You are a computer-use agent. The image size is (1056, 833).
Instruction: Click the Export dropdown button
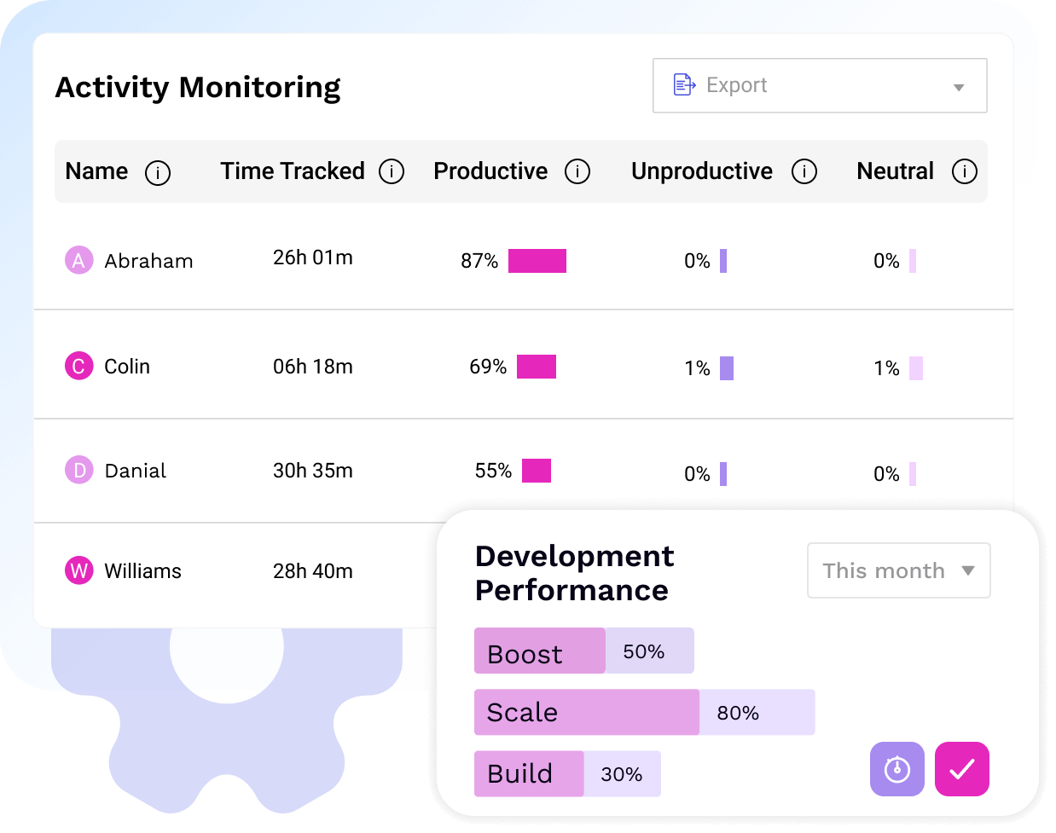pos(819,85)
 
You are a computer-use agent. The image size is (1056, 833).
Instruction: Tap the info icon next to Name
pos(158,173)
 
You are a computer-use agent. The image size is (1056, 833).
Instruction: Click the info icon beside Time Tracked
pos(392,172)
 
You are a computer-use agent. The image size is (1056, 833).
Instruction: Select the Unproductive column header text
pos(701,171)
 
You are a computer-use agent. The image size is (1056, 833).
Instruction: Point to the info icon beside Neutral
pos(965,172)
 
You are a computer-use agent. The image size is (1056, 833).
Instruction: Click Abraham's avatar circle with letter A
pos(79,260)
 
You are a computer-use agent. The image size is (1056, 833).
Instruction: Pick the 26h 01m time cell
pos(312,257)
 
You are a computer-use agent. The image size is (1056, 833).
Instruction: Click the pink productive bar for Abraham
pos(537,261)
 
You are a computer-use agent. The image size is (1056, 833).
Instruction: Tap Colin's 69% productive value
pos(488,367)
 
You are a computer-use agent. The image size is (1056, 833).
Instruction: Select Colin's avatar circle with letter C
pos(79,367)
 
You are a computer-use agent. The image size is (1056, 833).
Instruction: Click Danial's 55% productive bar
pos(537,471)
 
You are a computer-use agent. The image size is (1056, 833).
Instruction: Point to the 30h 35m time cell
pos(312,471)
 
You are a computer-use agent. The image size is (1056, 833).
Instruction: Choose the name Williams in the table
pos(142,571)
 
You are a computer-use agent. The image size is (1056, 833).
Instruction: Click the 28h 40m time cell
pos(312,571)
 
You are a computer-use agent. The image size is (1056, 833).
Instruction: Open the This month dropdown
pos(898,570)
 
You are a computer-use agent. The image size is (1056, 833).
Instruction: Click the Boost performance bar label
pos(525,654)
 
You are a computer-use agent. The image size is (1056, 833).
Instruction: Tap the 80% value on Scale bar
pos(738,713)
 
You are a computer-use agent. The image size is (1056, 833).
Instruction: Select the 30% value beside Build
pos(621,774)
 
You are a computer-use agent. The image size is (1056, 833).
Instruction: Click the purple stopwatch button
pos(896,769)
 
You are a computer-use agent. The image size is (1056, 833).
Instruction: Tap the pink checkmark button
pos(961,769)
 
